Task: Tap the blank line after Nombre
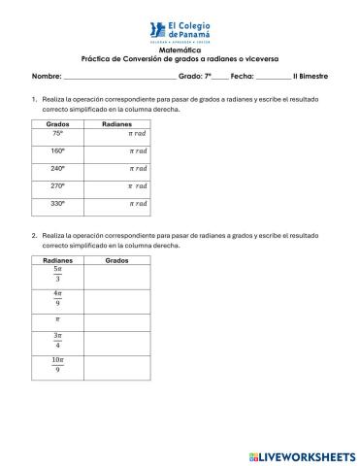pyautogui.click(x=119, y=76)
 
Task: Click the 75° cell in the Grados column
pyautogui.click(x=57, y=134)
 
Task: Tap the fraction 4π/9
pyautogui.click(x=57, y=299)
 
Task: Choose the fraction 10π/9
pyautogui.click(x=57, y=365)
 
